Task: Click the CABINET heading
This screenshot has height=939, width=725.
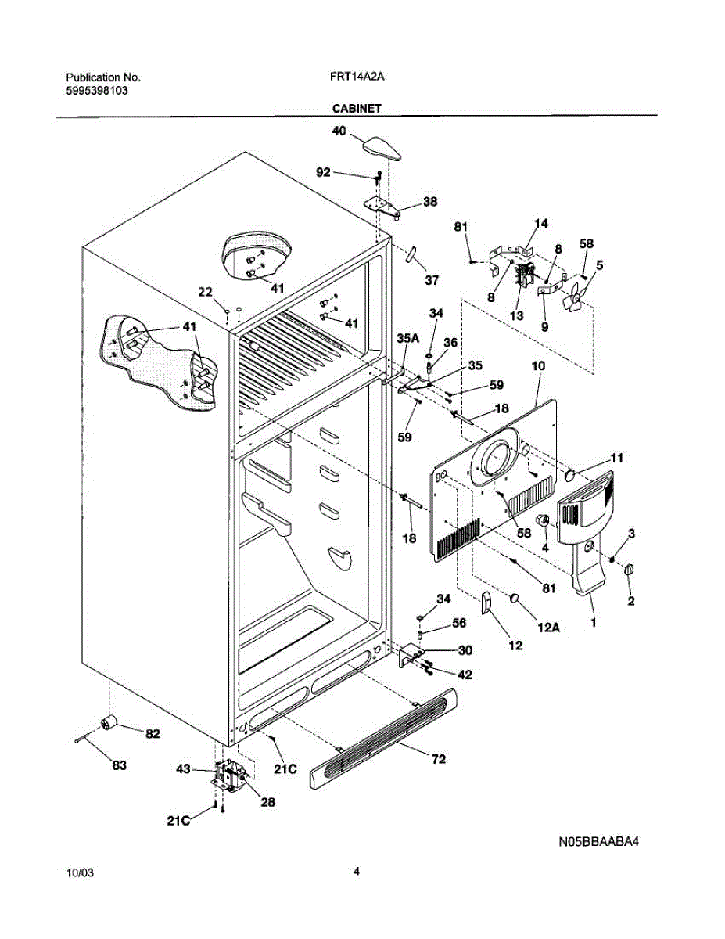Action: [356, 110]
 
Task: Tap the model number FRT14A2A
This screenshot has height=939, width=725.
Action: [357, 77]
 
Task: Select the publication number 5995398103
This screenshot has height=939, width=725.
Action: [97, 91]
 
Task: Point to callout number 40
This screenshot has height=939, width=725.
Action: [339, 132]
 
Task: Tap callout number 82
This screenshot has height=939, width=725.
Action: [152, 734]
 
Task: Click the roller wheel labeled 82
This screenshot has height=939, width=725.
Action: [111, 724]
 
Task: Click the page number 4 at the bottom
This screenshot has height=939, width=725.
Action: [356, 871]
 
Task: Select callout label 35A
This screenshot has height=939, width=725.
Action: [407, 339]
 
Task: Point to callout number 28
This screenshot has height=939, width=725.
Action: [267, 801]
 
